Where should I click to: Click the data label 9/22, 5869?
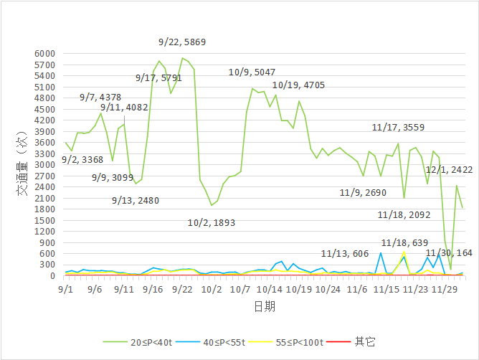182,42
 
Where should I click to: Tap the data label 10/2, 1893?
212,223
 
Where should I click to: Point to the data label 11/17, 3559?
398,128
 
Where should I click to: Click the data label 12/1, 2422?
449,170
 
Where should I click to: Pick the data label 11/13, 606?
345,253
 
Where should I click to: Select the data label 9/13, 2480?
136,201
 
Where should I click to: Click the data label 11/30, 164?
449,253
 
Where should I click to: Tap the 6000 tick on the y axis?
44,54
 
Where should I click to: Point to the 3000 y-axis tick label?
44,165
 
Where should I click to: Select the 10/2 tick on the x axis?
212,290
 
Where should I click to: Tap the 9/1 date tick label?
65,290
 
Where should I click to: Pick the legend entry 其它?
365,342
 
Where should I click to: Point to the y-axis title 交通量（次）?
22,164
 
